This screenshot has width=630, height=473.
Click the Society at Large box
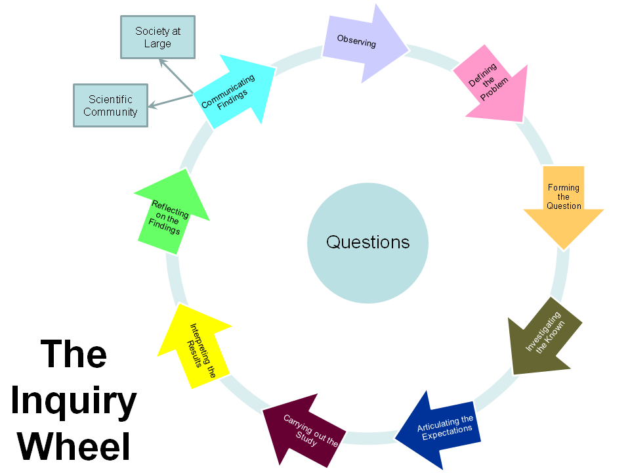[x=157, y=37]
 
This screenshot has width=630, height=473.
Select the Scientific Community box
[x=110, y=106]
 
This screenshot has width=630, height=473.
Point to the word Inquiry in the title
[x=73, y=401]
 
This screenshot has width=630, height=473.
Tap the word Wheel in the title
[x=73, y=445]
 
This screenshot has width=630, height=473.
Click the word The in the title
[x=73, y=355]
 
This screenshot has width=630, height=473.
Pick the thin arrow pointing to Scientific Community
[x=171, y=100]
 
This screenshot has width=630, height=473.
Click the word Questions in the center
[x=367, y=242]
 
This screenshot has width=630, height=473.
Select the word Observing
[x=356, y=41]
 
